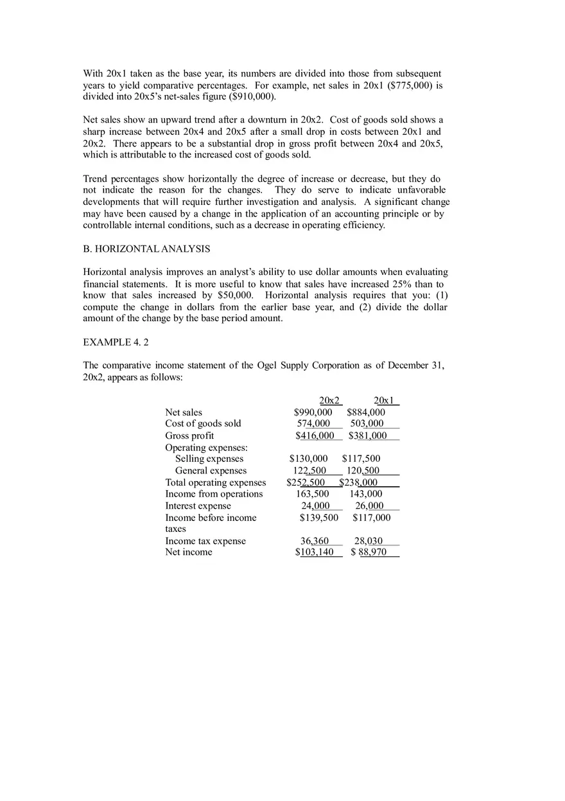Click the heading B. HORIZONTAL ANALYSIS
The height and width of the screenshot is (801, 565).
click(x=146, y=249)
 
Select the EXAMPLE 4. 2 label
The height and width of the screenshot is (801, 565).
click(x=116, y=342)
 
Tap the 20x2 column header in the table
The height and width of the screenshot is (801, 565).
click(x=330, y=400)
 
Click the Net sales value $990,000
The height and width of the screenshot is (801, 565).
click(x=313, y=412)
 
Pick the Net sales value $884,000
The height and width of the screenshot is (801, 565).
click(x=366, y=412)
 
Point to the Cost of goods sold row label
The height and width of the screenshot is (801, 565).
click(x=203, y=423)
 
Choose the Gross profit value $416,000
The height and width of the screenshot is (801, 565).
click(x=315, y=436)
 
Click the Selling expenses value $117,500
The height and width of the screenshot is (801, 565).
click(x=361, y=459)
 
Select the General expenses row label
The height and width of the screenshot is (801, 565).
click(x=211, y=471)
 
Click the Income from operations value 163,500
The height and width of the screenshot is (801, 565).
click(x=312, y=494)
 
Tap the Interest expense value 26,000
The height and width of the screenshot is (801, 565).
click(x=369, y=506)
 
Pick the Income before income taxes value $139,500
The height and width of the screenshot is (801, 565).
click(x=318, y=518)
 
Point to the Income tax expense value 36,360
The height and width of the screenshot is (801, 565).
click(x=315, y=541)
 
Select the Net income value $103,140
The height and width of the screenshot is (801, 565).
click(x=315, y=552)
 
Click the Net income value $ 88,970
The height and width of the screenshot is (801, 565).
click(x=369, y=552)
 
